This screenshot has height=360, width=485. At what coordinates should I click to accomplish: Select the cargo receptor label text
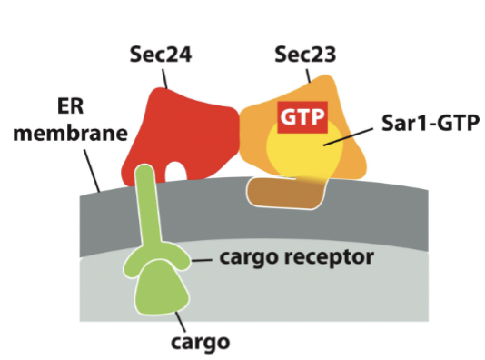(296, 258)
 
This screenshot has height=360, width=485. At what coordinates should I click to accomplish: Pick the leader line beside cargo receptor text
(202, 259)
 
